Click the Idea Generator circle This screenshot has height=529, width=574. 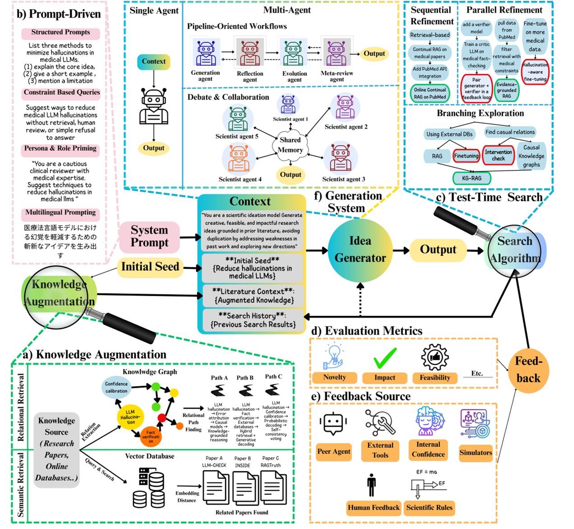360,250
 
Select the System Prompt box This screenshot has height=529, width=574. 149,237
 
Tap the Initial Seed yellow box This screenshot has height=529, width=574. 150,267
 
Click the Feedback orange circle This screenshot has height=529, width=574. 528,369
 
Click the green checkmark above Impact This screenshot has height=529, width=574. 385,358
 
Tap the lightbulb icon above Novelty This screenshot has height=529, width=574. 334,357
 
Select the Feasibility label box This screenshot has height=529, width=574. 435,378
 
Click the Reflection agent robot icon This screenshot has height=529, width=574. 250,53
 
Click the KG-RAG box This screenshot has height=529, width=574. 472,178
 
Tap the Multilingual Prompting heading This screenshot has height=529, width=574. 60,213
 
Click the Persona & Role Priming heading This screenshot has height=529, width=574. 60,148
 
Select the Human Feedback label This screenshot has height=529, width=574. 374,508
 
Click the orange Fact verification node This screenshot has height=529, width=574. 150,436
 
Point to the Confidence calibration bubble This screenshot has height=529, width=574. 116,387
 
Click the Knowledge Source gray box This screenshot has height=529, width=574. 57,450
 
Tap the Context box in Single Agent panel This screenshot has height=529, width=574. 153,61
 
